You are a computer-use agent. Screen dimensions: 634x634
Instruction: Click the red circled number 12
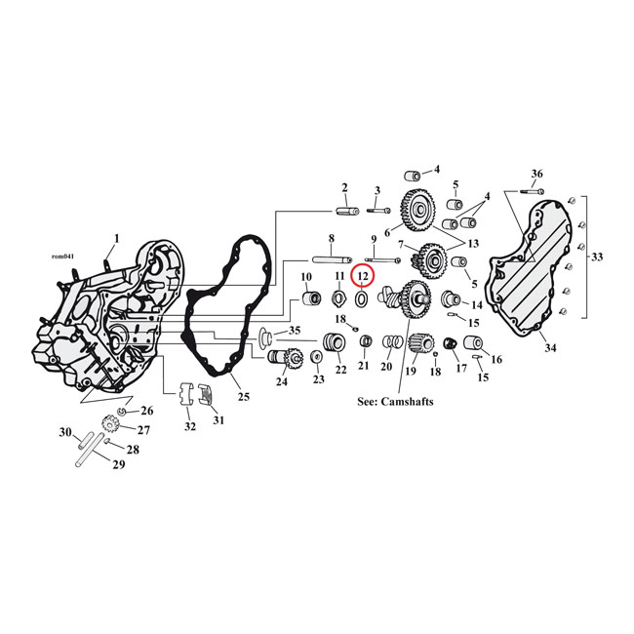point(363,276)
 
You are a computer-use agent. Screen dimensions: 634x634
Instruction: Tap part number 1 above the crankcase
point(117,237)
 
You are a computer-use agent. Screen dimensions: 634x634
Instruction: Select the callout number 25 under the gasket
point(244,396)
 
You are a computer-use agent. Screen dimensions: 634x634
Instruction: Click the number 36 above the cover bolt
point(535,174)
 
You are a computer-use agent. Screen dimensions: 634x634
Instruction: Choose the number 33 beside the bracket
point(597,258)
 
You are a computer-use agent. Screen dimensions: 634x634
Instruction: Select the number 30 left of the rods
point(65,432)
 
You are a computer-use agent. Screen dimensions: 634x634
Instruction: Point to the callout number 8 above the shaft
point(332,239)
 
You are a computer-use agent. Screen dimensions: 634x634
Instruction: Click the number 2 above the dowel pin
point(344,186)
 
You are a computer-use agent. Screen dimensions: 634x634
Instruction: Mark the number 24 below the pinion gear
point(282,381)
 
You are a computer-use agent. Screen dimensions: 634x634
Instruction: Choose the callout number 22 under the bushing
point(340,370)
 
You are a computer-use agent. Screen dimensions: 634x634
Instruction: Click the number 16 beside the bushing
point(496,360)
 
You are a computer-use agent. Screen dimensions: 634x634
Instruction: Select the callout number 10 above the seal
point(306,277)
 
